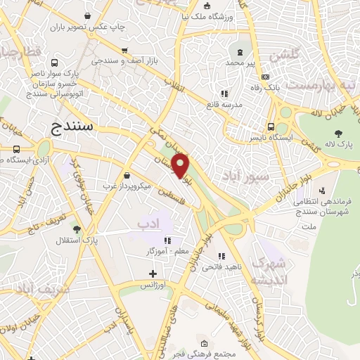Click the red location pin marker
(181, 165)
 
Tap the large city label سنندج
(77, 127)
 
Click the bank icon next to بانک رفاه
(264, 77)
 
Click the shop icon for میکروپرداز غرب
(127, 176)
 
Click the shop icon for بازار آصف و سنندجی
(124, 51)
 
